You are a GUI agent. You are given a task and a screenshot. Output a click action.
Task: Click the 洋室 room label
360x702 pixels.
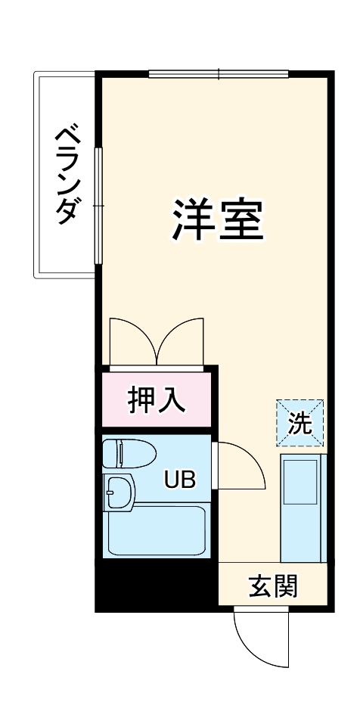click(217, 219)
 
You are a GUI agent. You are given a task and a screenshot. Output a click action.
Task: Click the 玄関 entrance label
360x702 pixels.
click(274, 585)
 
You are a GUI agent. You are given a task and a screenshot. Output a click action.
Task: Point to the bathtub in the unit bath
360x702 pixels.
click(157, 530)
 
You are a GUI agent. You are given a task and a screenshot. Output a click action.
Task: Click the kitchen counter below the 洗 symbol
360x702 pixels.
click(303, 508)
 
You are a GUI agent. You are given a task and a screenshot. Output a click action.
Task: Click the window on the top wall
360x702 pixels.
click(219, 74)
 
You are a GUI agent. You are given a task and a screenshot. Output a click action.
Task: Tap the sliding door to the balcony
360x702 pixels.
click(98, 205)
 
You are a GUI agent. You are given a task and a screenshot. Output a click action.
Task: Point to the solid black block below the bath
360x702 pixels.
click(155, 582)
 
